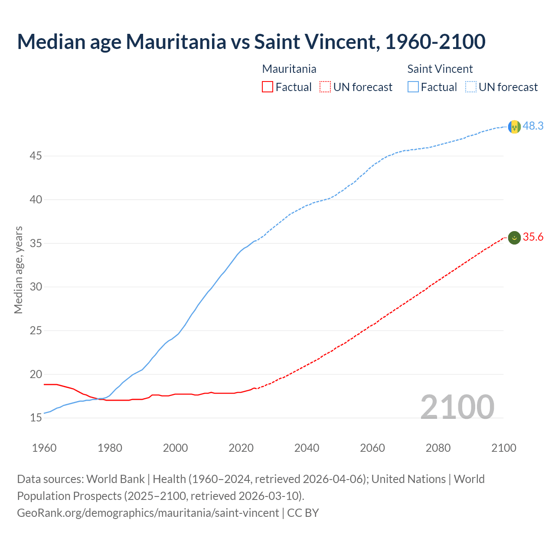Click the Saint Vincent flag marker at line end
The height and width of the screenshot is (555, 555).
(x=514, y=127)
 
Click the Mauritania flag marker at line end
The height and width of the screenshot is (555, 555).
(x=514, y=238)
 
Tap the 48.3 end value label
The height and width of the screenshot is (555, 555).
(x=533, y=126)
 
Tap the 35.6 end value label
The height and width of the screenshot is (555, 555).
(x=533, y=237)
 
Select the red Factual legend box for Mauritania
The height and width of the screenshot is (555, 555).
(x=268, y=87)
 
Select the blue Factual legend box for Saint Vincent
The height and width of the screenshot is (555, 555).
(x=413, y=87)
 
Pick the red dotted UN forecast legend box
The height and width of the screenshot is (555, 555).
(x=325, y=87)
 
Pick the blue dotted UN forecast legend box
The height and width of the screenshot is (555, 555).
(x=470, y=87)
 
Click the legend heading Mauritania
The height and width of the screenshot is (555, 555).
(x=289, y=69)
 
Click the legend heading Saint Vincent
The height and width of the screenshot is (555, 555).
(x=440, y=69)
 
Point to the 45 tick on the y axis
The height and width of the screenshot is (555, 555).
(x=36, y=156)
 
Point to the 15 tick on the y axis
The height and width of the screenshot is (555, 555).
(x=36, y=418)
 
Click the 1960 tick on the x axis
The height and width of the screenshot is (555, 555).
(x=44, y=448)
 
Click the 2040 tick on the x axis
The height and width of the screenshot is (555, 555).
(x=307, y=448)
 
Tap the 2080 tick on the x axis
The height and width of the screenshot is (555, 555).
(x=438, y=448)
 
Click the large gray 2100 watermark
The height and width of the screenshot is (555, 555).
(x=457, y=407)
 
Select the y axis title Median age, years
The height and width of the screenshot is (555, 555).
(x=18, y=270)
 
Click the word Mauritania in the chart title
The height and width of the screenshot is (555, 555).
(x=176, y=42)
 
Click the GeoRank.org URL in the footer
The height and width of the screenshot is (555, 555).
(x=148, y=513)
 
